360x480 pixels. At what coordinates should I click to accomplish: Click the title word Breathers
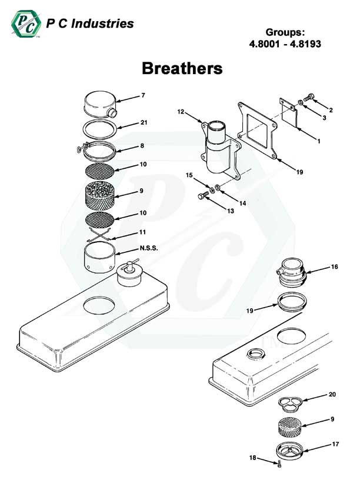(x=182, y=68)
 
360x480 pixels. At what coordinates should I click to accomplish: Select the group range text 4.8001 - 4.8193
(x=284, y=44)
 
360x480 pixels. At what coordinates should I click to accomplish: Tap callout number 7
(x=142, y=95)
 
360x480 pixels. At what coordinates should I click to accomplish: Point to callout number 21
(x=144, y=122)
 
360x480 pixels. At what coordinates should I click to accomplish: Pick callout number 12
(x=181, y=111)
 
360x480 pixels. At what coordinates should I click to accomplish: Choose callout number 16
(x=334, y=266)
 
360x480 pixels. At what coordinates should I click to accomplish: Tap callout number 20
(x=332, y=394)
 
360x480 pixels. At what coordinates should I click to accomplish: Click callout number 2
(x=331, y=110)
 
